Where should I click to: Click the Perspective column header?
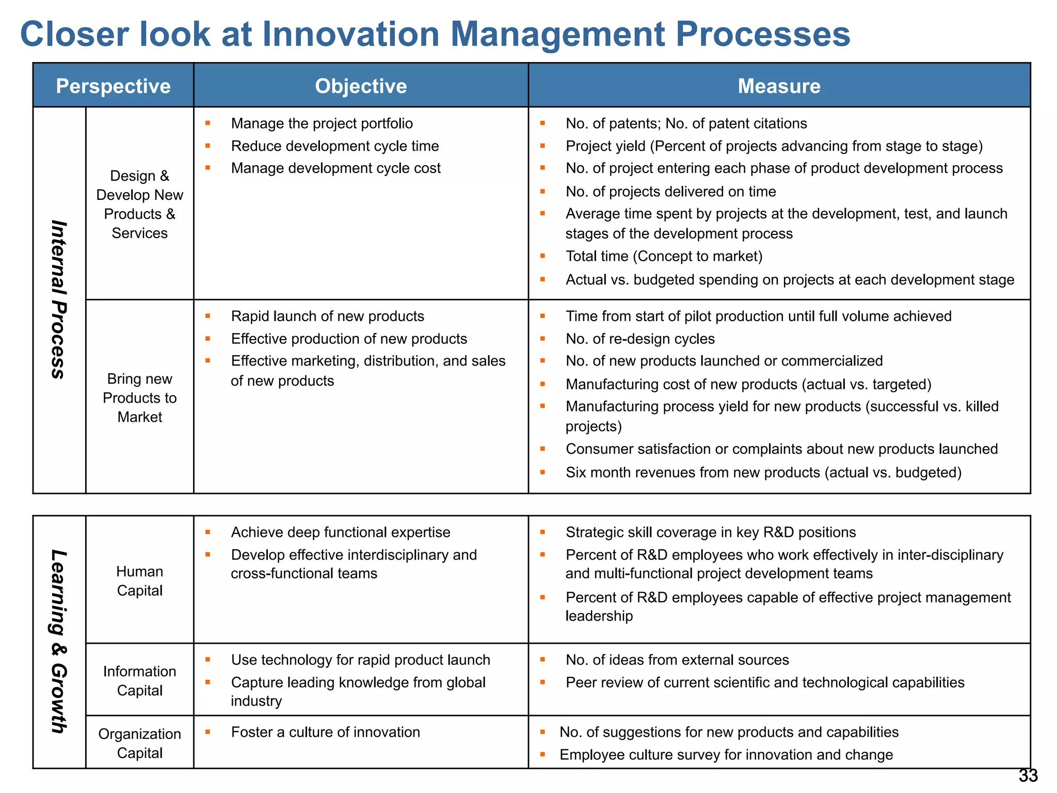coord(113,86)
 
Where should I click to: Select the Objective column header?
coord(361,86)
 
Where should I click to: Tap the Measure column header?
coord(779,86)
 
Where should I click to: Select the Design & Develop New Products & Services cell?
coord(140,204)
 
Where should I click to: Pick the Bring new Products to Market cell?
coord(140,398)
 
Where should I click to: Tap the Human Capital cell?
coord(140,581)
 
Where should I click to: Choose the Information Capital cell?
coord(140,680)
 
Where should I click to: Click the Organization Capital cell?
coord(140,743)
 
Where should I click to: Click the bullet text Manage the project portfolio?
coord(322,123)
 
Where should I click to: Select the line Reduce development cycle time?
coord(334,146)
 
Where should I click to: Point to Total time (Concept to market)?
coord(664,256)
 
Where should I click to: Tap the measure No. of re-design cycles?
coord(640,339)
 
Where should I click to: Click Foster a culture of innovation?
coord(325,732)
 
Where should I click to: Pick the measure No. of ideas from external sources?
coord(677,660)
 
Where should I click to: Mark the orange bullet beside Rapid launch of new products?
coord(207,316)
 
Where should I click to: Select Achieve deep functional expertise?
coord(340,532)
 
